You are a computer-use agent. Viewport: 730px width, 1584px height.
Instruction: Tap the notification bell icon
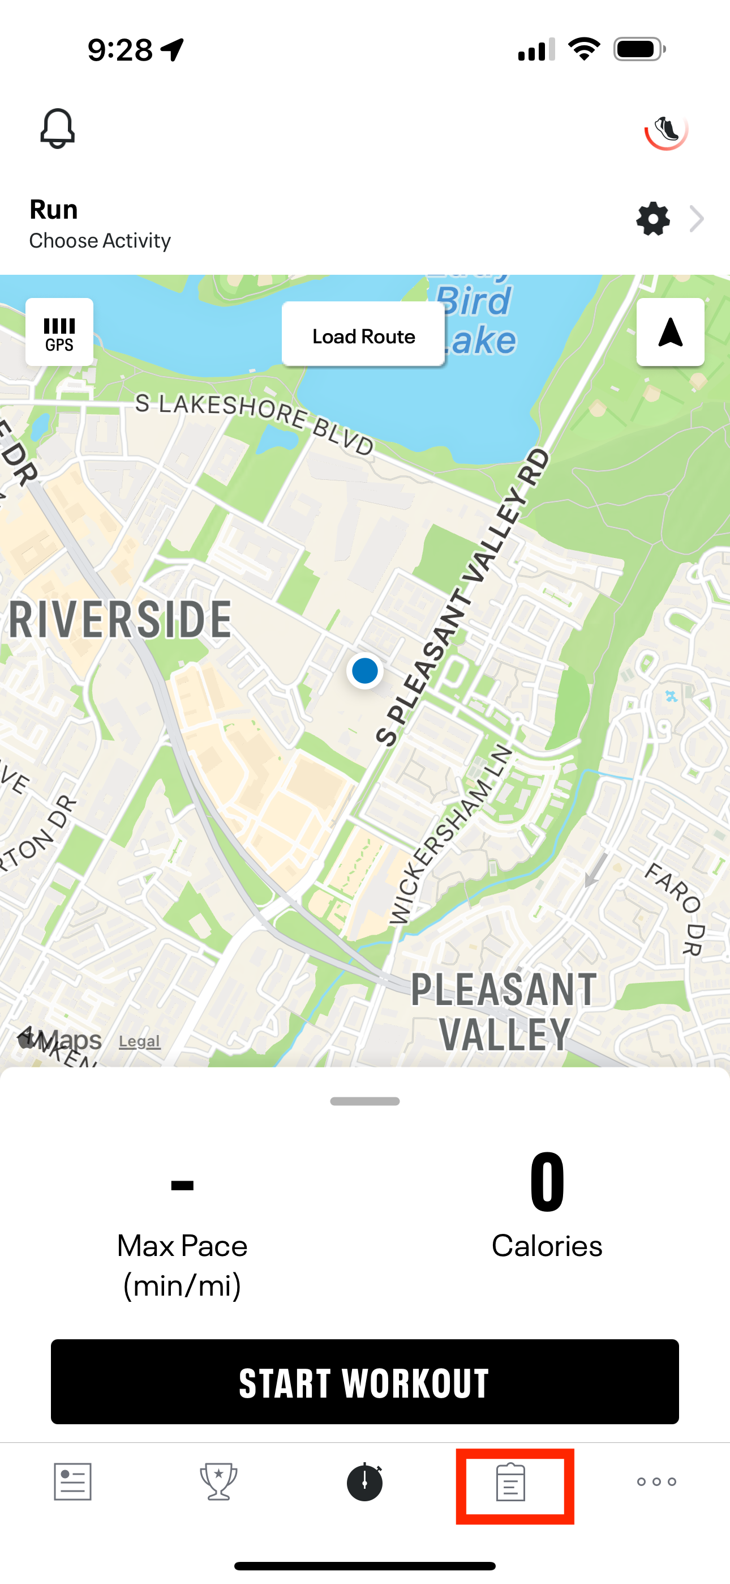point(58,129)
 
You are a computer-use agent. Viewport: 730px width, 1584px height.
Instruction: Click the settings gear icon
point(652,219)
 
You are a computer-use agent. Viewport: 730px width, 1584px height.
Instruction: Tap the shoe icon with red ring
point(666,130)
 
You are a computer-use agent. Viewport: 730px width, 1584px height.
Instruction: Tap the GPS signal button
point(59,333)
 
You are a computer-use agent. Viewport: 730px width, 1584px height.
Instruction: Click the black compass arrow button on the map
point(670,333)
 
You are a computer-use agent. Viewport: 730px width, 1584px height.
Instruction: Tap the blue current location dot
point(365,670)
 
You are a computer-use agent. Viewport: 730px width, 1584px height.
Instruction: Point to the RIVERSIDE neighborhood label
point(121,620)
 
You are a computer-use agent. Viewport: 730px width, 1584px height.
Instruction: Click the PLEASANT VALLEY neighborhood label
point(504,1011)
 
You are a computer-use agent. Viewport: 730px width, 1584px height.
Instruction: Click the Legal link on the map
point(139,1041)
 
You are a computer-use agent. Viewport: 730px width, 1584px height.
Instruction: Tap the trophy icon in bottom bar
point(219,1481)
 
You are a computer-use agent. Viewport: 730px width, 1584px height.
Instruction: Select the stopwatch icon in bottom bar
point(365,1481)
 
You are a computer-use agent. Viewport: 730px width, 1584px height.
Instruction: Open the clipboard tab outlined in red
point(511,1483)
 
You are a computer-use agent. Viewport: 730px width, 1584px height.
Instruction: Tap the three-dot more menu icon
point(656,1481)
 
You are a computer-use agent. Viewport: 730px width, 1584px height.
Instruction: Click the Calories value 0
point(547,1182)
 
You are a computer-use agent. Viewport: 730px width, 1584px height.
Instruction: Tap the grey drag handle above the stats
point(365,1101)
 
